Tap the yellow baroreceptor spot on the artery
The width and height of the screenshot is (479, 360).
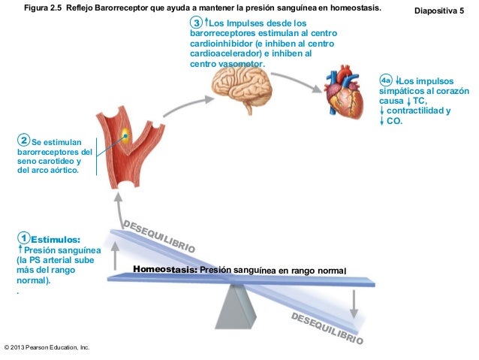[125, 136]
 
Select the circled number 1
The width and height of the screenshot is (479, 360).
[24, 239]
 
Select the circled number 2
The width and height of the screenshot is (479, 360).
[24, 141]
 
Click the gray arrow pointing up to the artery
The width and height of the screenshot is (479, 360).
[117, 210]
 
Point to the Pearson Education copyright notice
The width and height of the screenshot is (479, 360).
[47, 348]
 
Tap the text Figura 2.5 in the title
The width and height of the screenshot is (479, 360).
[47, 8]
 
